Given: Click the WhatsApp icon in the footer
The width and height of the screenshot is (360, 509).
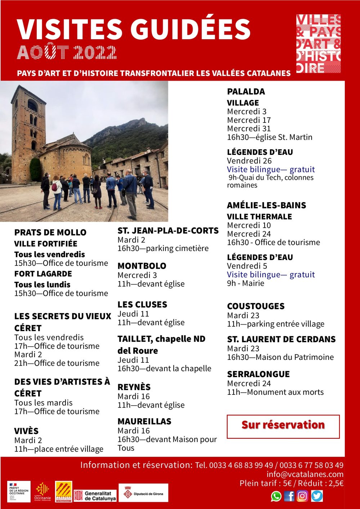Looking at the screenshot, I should coord(276,496).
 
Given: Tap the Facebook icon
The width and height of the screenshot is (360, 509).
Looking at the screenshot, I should coord(289,496).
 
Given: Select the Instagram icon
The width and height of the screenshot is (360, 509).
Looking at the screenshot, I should coord(302,496).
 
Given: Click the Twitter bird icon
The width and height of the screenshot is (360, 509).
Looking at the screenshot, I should coord(317,496).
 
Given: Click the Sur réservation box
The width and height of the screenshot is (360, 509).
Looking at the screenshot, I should coord(283,426).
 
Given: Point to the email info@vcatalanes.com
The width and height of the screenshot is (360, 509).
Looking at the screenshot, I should coord(305,474).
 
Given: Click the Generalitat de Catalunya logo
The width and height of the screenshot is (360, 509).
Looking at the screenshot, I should coord(95,496).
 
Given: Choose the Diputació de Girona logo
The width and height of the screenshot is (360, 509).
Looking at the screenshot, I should coord(143,494).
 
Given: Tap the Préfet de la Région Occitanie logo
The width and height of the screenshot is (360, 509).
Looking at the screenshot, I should coord(19,492).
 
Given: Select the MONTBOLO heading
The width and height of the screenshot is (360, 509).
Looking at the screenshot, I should coord(142,266).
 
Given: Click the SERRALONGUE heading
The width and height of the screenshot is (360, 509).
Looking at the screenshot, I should coord(258,374).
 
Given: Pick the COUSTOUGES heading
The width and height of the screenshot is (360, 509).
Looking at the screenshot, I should coord(256,306).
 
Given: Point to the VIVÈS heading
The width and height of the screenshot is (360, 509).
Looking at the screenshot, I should coord(26,431).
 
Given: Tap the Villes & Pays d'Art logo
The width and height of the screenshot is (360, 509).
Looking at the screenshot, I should coord(318,43).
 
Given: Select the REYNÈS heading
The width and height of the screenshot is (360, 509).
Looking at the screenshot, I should coord(134,387).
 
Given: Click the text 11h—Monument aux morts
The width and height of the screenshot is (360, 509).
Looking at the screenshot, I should coord(275,392).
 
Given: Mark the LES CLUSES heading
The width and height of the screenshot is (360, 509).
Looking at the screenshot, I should coord(142,304).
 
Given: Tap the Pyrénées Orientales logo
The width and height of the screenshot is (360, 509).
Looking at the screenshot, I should coord(63,492).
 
